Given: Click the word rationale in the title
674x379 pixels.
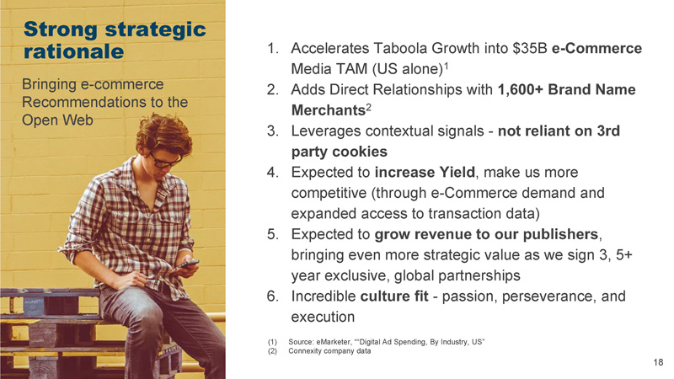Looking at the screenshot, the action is pyautogui.click(x=73, y=51).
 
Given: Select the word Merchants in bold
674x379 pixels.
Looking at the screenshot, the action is pyautogui.click(x=329, y=110).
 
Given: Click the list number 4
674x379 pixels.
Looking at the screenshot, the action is pyautogui.click(x=272, y=173).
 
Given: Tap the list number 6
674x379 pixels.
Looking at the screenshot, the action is pyautogui.click(x=272, y=296).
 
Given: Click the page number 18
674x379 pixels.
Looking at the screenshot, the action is pyautogui.click(x=658, y=362).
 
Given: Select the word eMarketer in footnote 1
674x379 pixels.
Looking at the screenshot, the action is pyautogui.click(x=333, y=342).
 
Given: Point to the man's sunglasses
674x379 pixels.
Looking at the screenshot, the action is pyautogui.click(x=165, y=161).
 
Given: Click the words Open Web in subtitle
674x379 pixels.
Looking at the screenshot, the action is pyautogui.click(x=57, y=120).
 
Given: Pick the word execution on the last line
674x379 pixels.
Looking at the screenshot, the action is pyautogui.click(x=323, y=318).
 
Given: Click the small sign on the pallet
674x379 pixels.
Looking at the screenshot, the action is pyautogui.click(x=33, y=307).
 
